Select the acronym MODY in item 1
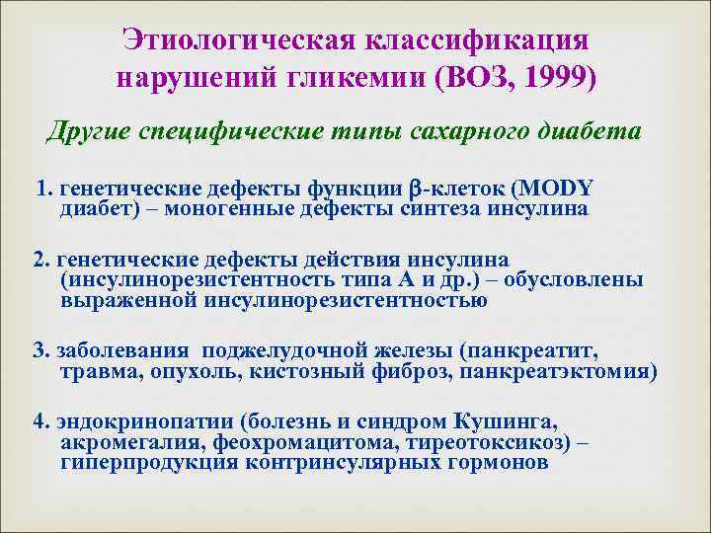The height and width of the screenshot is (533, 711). pyautogui.click(x=554, y=189)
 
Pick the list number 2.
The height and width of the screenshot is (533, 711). pyautogui.click(x=39, y=260)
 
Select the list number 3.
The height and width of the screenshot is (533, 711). pyautogui.click(x=39, y=351)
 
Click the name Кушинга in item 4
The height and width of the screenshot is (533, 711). pyautogui.click(x=524, y=421)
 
